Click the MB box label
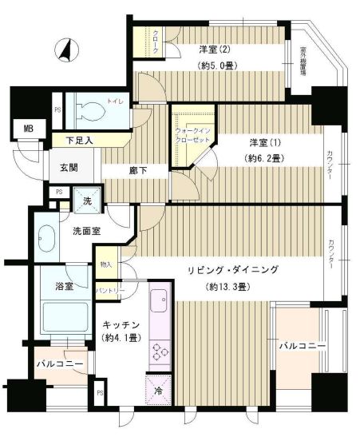coord(29,127)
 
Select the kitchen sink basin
coord(157,302)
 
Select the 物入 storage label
coord(107,264)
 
